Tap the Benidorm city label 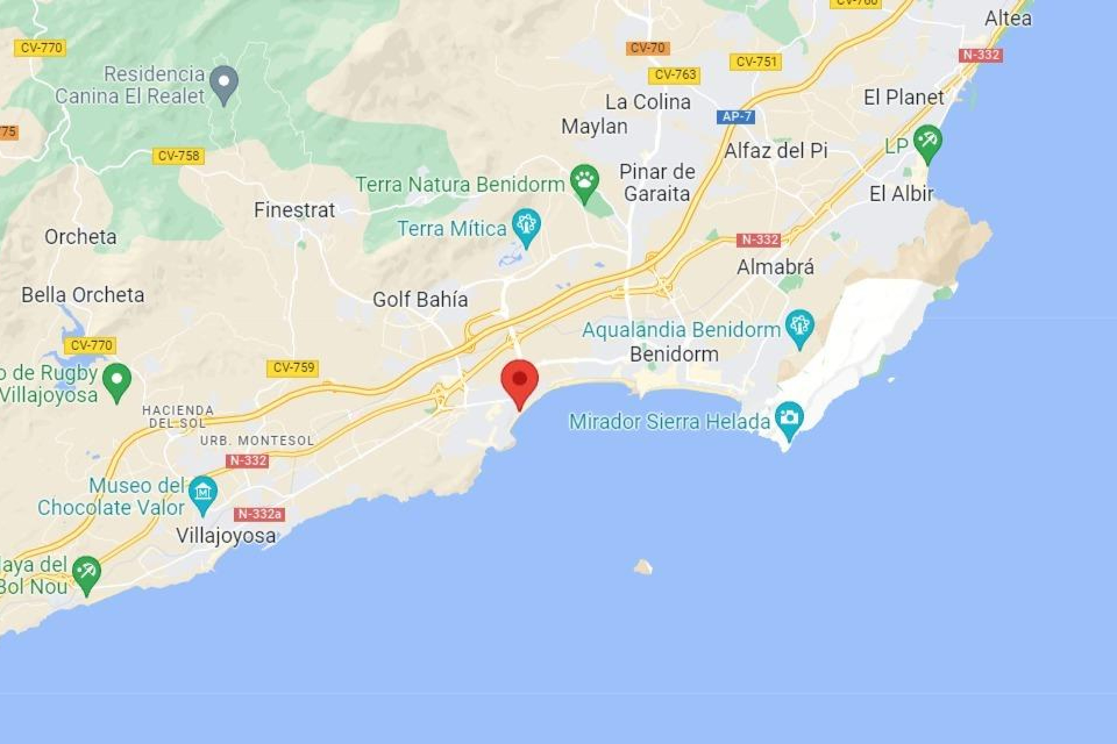coord(674,354)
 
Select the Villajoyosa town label coord(226,535)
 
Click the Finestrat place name coord(294,210)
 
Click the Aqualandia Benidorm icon coord(800,326)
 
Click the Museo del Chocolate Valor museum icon coord(203,493)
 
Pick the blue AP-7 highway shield coord(736,116)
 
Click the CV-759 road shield coord(293,367)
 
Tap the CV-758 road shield coord(179,156)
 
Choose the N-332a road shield coord(259,514)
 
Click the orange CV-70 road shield coord(648,48)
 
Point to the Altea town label coord(1008,19)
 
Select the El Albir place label coord(901,194)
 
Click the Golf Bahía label coord(420,299)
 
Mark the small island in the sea coord(643,566)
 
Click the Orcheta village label coord(80,237)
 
